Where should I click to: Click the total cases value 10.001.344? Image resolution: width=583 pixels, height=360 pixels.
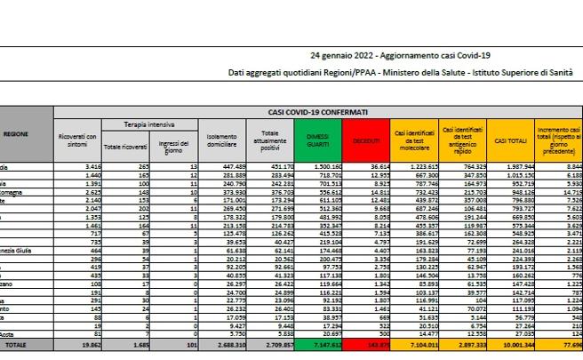click(514, 341)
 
